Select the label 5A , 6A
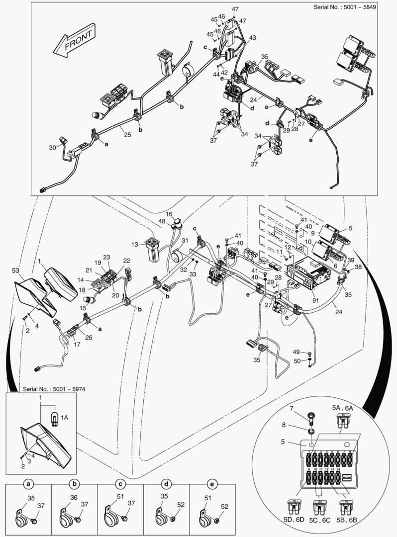[343, 407]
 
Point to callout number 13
[135, 244]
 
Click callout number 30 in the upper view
[53, 147]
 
